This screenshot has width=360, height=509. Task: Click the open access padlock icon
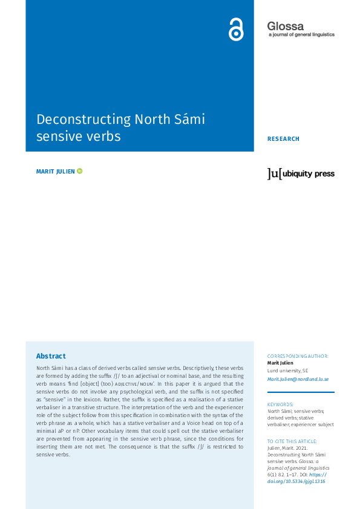[236, 29]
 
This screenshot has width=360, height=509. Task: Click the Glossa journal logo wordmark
[286, 25]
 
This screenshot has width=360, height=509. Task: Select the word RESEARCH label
[283, 139]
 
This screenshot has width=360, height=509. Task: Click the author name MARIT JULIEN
[56, 172]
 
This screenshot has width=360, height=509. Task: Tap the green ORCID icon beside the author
[80, 172]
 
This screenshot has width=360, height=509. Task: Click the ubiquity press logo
[301, 173]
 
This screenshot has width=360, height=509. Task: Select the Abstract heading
[51, 356]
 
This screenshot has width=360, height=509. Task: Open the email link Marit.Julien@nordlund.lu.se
[298, 379]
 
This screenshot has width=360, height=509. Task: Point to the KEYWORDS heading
[280, 404]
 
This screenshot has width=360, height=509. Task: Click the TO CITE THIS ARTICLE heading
[292, 441]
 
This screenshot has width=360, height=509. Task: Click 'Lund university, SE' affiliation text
[287, 370]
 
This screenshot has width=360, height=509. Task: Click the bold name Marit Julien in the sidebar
[281, 363]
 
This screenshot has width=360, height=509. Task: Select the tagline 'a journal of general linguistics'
[301, 35]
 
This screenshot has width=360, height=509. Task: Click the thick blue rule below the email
[301, 392]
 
